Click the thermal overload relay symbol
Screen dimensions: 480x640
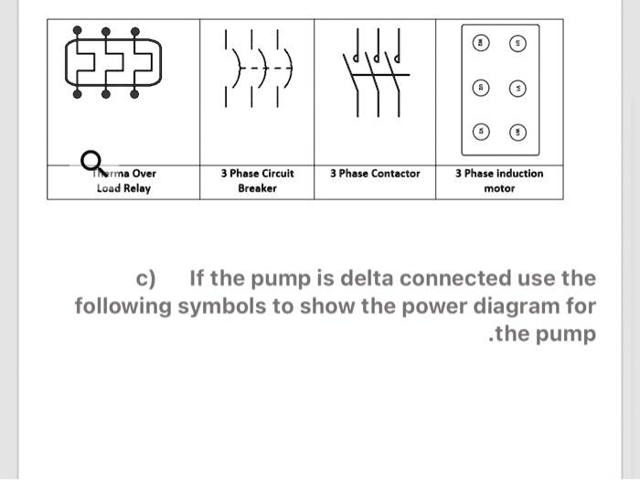click(108, 68)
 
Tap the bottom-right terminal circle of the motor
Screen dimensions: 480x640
click(517, 133)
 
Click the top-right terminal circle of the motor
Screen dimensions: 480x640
click(517, 45)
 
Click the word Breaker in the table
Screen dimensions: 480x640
click(257, 188)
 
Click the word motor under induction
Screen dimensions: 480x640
click(499, 188)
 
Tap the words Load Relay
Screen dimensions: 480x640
click(123, 188)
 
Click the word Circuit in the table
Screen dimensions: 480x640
click(275, 173)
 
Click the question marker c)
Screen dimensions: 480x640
click(145, 278)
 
